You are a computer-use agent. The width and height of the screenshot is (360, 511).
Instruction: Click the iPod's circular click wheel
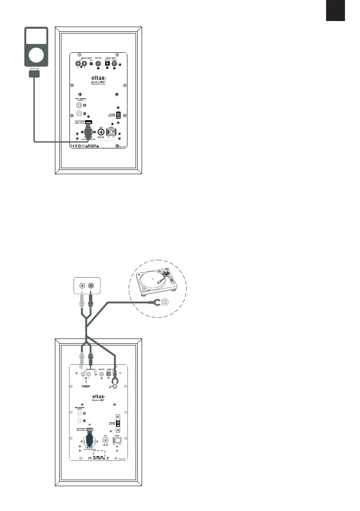click(x=36, y=55)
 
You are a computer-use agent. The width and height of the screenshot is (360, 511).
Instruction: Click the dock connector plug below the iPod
click(x=33, y=74)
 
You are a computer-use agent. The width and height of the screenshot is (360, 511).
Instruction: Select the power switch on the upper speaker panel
click(x=111, y=133)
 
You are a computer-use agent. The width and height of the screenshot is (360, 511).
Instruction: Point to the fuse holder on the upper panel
click(x=101, y=133)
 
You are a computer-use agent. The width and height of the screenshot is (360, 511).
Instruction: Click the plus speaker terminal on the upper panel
click(x=80, y=105)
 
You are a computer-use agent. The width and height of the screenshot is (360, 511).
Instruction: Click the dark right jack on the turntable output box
click(x=91, y=285)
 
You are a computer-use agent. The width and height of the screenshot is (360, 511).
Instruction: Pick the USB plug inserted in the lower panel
click(x=89, y=438)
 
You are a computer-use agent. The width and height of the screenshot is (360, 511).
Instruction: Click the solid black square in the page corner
click(x=335, y=11)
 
